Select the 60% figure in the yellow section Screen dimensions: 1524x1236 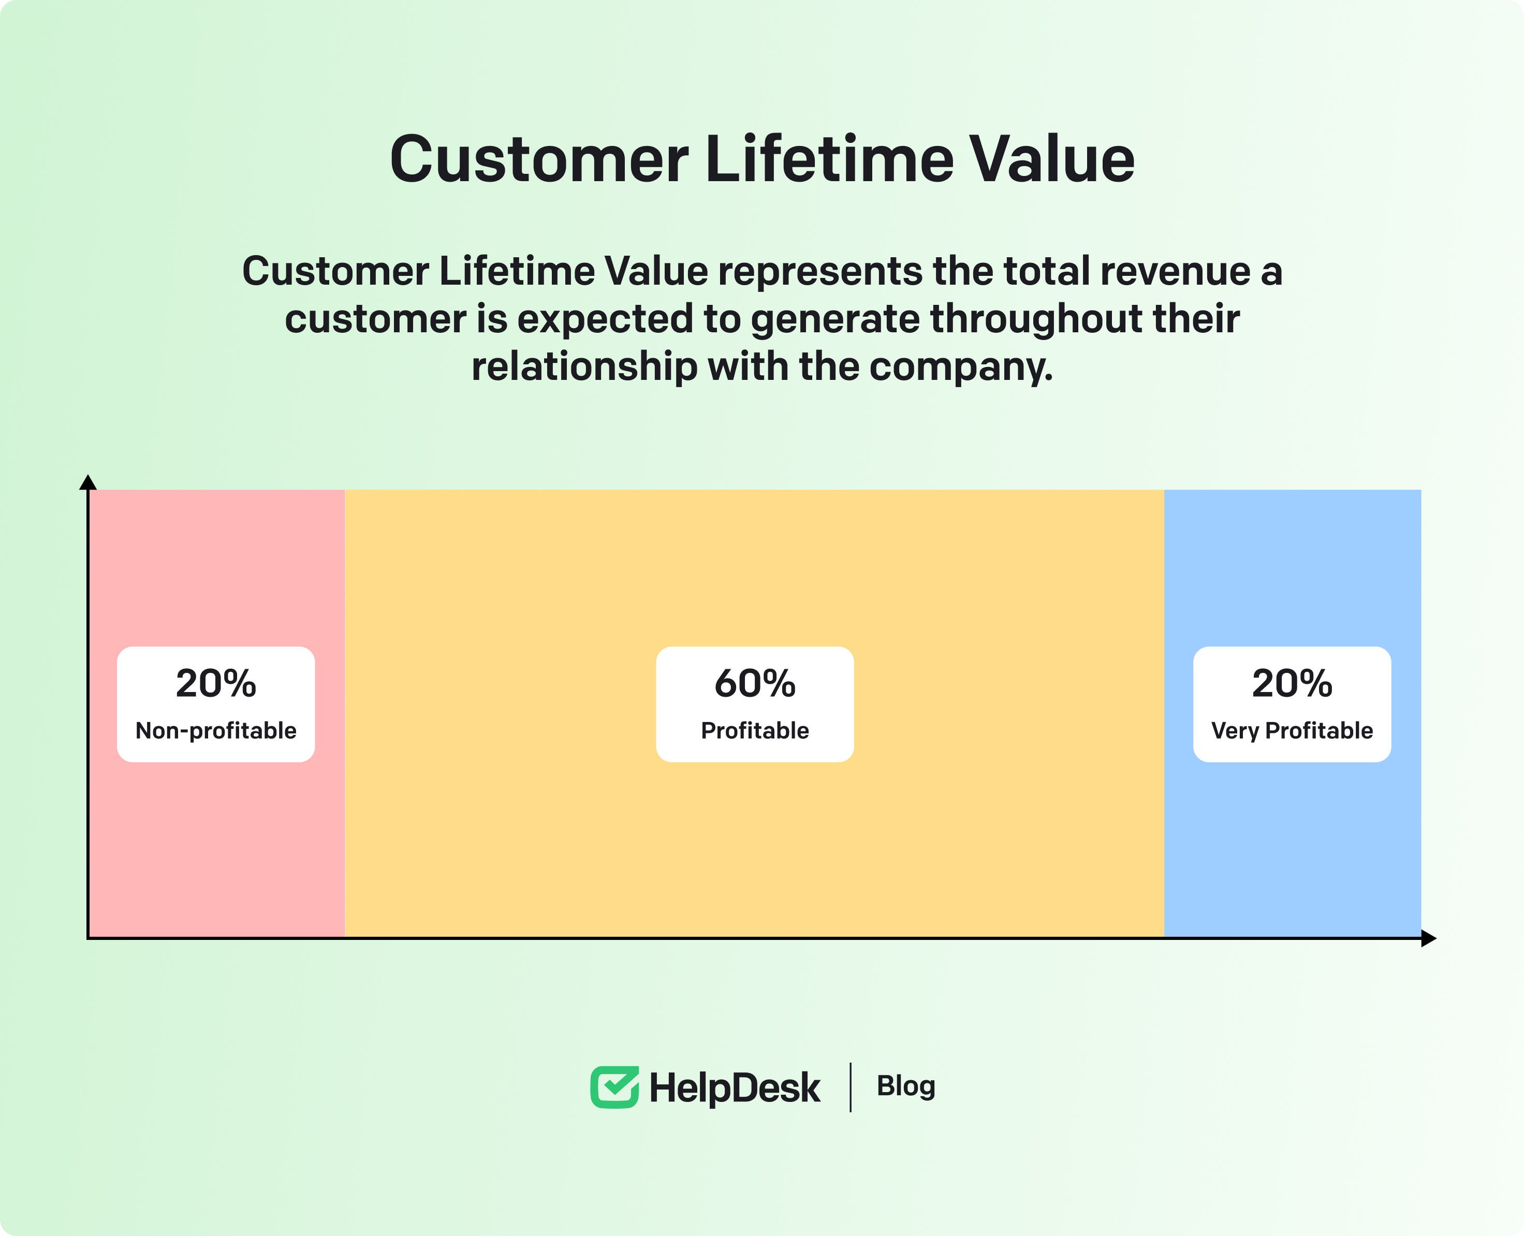tap(755, 684)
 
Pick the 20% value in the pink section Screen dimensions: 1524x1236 tap(216, 684)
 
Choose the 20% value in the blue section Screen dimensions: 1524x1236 tap(1292, 684)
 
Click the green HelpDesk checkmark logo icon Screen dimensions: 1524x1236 tap(614, 1087)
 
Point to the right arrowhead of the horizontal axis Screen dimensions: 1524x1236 tap(1429, 938)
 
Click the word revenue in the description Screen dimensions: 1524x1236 tap(1175, 271)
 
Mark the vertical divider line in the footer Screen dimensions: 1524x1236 tap(851, 1087)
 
